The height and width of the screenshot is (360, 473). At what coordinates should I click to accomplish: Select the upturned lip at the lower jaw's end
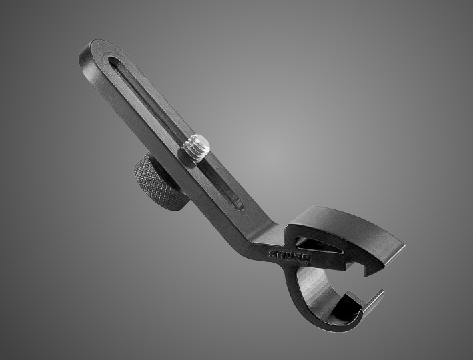pos(374,299)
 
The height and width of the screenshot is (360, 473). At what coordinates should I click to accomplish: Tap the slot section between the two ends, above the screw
pos(150,100)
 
